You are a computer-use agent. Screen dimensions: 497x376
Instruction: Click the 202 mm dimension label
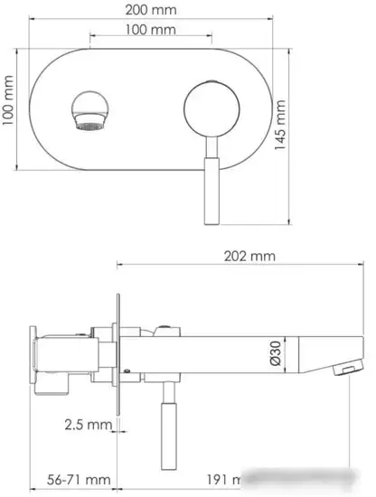[x=249, y=256]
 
